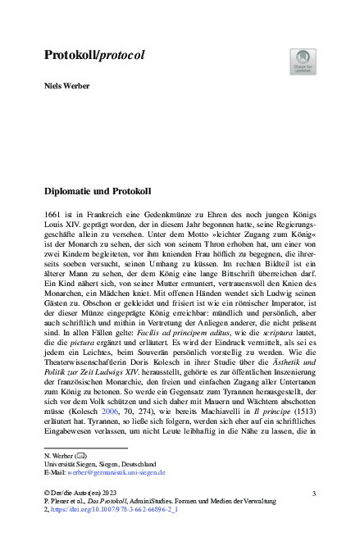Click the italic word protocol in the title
121,56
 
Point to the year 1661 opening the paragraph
52,212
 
